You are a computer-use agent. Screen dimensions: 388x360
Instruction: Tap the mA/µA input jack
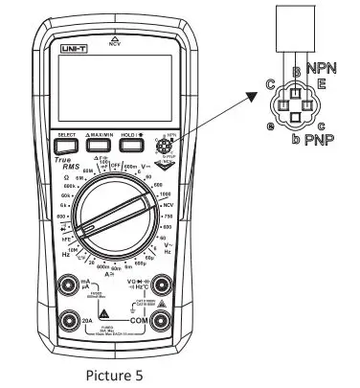(69, 284)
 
